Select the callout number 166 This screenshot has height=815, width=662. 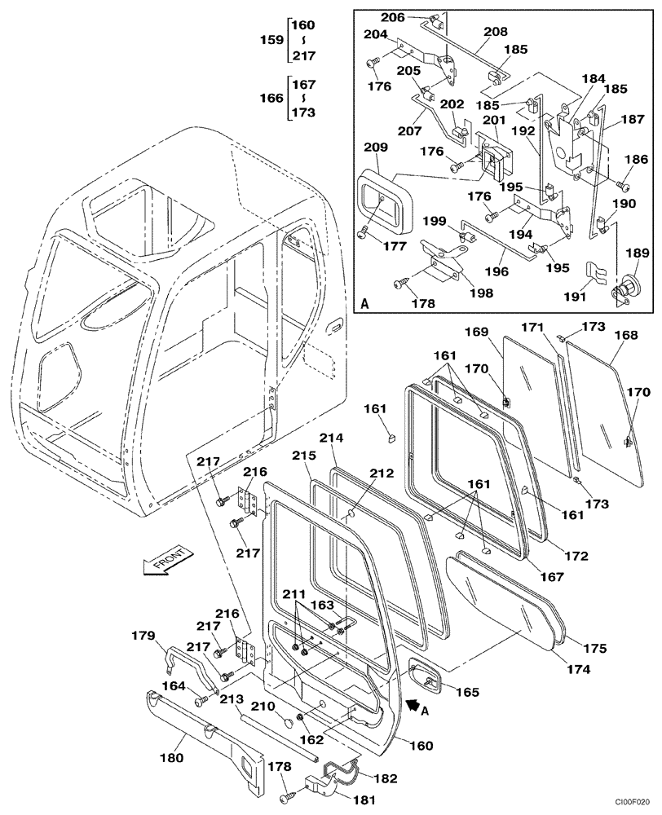point(271,99)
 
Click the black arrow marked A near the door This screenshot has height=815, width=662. point(415,702)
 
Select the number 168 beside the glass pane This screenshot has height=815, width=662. point(626,336)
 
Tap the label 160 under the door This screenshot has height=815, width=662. point(421,745)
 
